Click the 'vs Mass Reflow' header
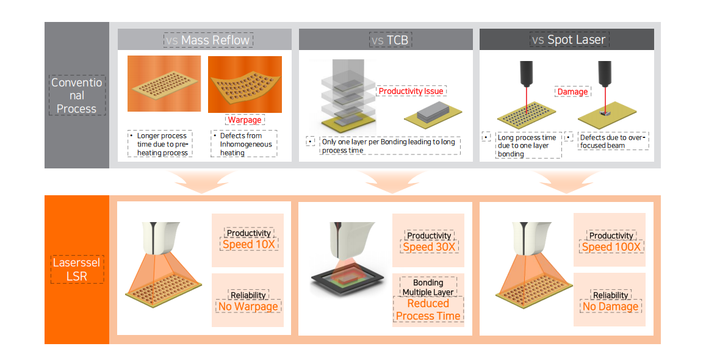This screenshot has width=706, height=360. (x=208, y=40)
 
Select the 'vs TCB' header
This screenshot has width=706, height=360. (x=389, y=40)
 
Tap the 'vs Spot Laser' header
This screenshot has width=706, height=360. (x=567, y=40)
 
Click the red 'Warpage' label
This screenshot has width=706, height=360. (x=244, y=120)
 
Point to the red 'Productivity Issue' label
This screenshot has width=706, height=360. (x=411, y=91)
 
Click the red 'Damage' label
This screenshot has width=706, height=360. (x=572, y=92)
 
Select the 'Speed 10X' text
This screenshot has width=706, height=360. (x=249, y=245)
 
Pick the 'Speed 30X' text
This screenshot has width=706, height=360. (x=429, y=247)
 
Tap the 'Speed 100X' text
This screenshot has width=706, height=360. (x=611, y=247)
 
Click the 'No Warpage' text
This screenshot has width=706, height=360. (x=248, y=306)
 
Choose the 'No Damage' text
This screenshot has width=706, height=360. (x=610, y=306)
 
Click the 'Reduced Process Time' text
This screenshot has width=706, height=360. (x=428, y=310)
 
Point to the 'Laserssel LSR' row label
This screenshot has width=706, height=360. (x=77, y=270)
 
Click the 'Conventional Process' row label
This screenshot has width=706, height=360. (x=77, y=95)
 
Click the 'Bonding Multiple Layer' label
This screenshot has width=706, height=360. (x=428, y=287)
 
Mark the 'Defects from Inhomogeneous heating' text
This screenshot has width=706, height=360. (x=244, y=144)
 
